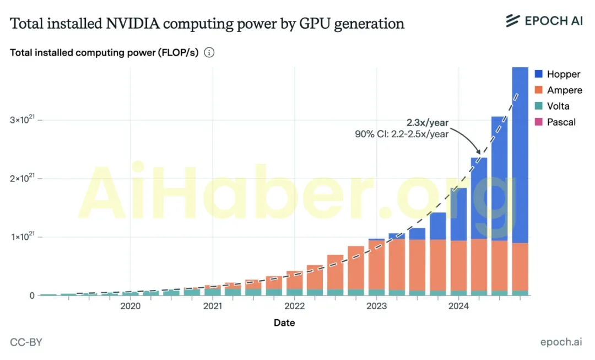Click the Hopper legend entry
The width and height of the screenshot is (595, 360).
557,74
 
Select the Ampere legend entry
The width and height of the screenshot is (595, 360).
558,90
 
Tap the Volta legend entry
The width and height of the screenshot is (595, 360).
551,106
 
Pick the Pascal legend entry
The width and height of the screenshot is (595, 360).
555,122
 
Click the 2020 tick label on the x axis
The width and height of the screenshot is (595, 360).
130,306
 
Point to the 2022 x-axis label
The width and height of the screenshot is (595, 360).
294,306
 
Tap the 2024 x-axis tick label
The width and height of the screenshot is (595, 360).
458,306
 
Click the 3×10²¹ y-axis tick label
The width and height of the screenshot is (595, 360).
23,119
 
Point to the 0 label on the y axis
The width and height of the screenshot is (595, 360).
33,295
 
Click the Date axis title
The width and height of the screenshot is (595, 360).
284,323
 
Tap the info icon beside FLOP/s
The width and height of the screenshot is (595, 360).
209,52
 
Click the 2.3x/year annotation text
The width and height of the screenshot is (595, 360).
428,122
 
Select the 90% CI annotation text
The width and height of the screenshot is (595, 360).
402,134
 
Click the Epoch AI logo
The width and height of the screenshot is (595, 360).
544,20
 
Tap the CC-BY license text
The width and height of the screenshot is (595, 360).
26,342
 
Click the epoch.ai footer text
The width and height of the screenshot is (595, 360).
561,342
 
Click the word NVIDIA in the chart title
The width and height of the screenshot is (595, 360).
132,24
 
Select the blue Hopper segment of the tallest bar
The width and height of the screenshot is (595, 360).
520,155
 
